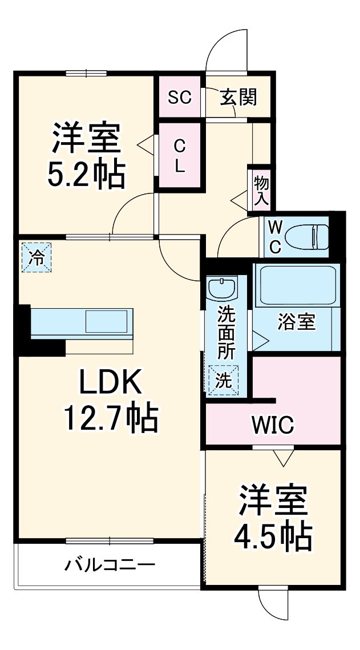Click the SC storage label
[179, 97]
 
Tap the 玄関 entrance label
[238, 98]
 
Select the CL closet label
[179, 156]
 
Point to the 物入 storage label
[261, 191]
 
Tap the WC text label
[274, 237]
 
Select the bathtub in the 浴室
[296, 286]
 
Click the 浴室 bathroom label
[296, 322]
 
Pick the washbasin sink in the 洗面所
[221, 288]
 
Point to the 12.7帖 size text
[110, 419]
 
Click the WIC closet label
[273, 425]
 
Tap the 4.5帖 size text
[273, 534]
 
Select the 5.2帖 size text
[86, 175]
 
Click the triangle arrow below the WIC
[282, 457]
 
